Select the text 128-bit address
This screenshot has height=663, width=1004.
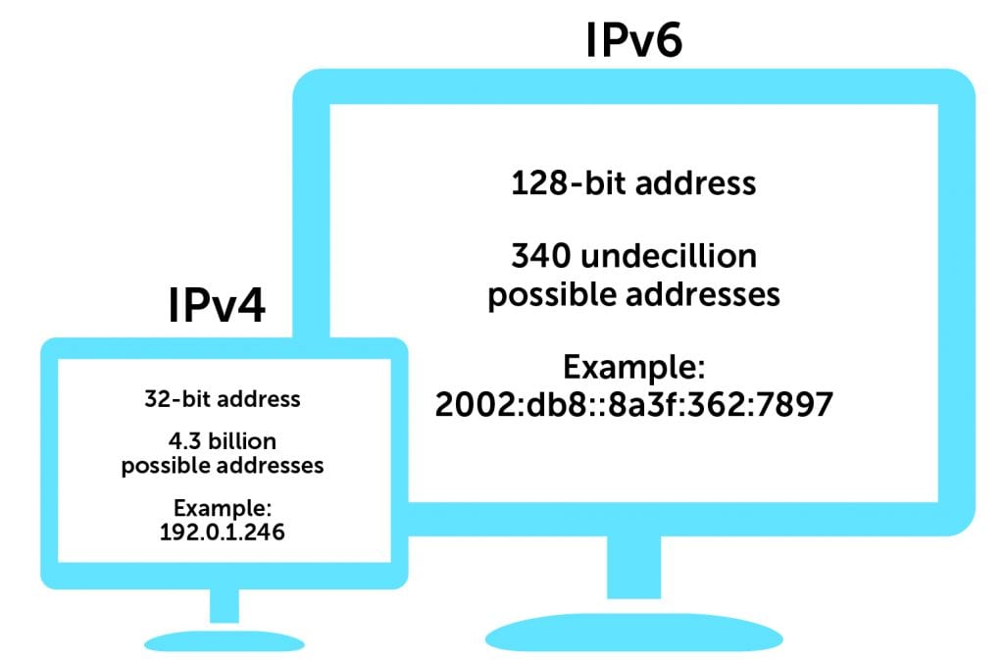[633, 183]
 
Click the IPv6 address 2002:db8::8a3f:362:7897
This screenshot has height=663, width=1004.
[633, 405]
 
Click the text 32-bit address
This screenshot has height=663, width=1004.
[223, 400]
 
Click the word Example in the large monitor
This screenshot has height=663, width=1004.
[634, 370]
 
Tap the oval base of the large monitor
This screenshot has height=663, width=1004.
[634, 634]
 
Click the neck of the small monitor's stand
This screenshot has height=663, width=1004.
[225, 605]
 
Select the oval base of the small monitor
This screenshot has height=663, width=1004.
[225, 637]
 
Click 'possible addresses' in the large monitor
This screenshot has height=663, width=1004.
[633, 294]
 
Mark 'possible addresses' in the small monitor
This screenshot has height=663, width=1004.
[223, 465]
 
